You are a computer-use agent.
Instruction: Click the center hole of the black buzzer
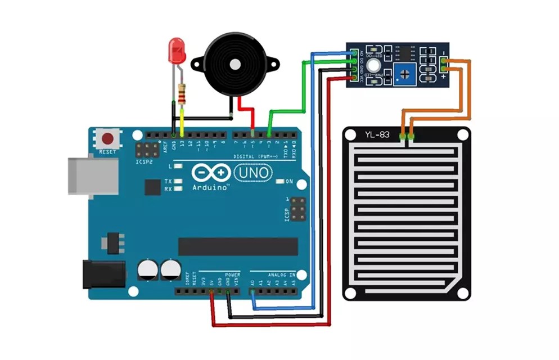click(x=234, y=64)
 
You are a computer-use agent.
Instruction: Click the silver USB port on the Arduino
click(x=93, y=175)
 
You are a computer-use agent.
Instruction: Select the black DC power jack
click(x=104, y=274)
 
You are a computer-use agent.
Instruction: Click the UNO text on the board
click(x=253, y=172)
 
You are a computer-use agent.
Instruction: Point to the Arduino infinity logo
click(x=210, y=172)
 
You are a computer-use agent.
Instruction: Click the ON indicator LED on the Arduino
click(x=281, y=181)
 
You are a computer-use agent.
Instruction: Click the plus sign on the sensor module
click(x=444, y=77)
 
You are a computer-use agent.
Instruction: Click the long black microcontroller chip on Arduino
click(x=238, y=246)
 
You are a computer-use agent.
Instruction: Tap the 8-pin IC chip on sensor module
click(x=404, y=52)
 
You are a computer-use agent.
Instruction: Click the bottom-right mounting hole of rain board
click(x=462, y=292)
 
